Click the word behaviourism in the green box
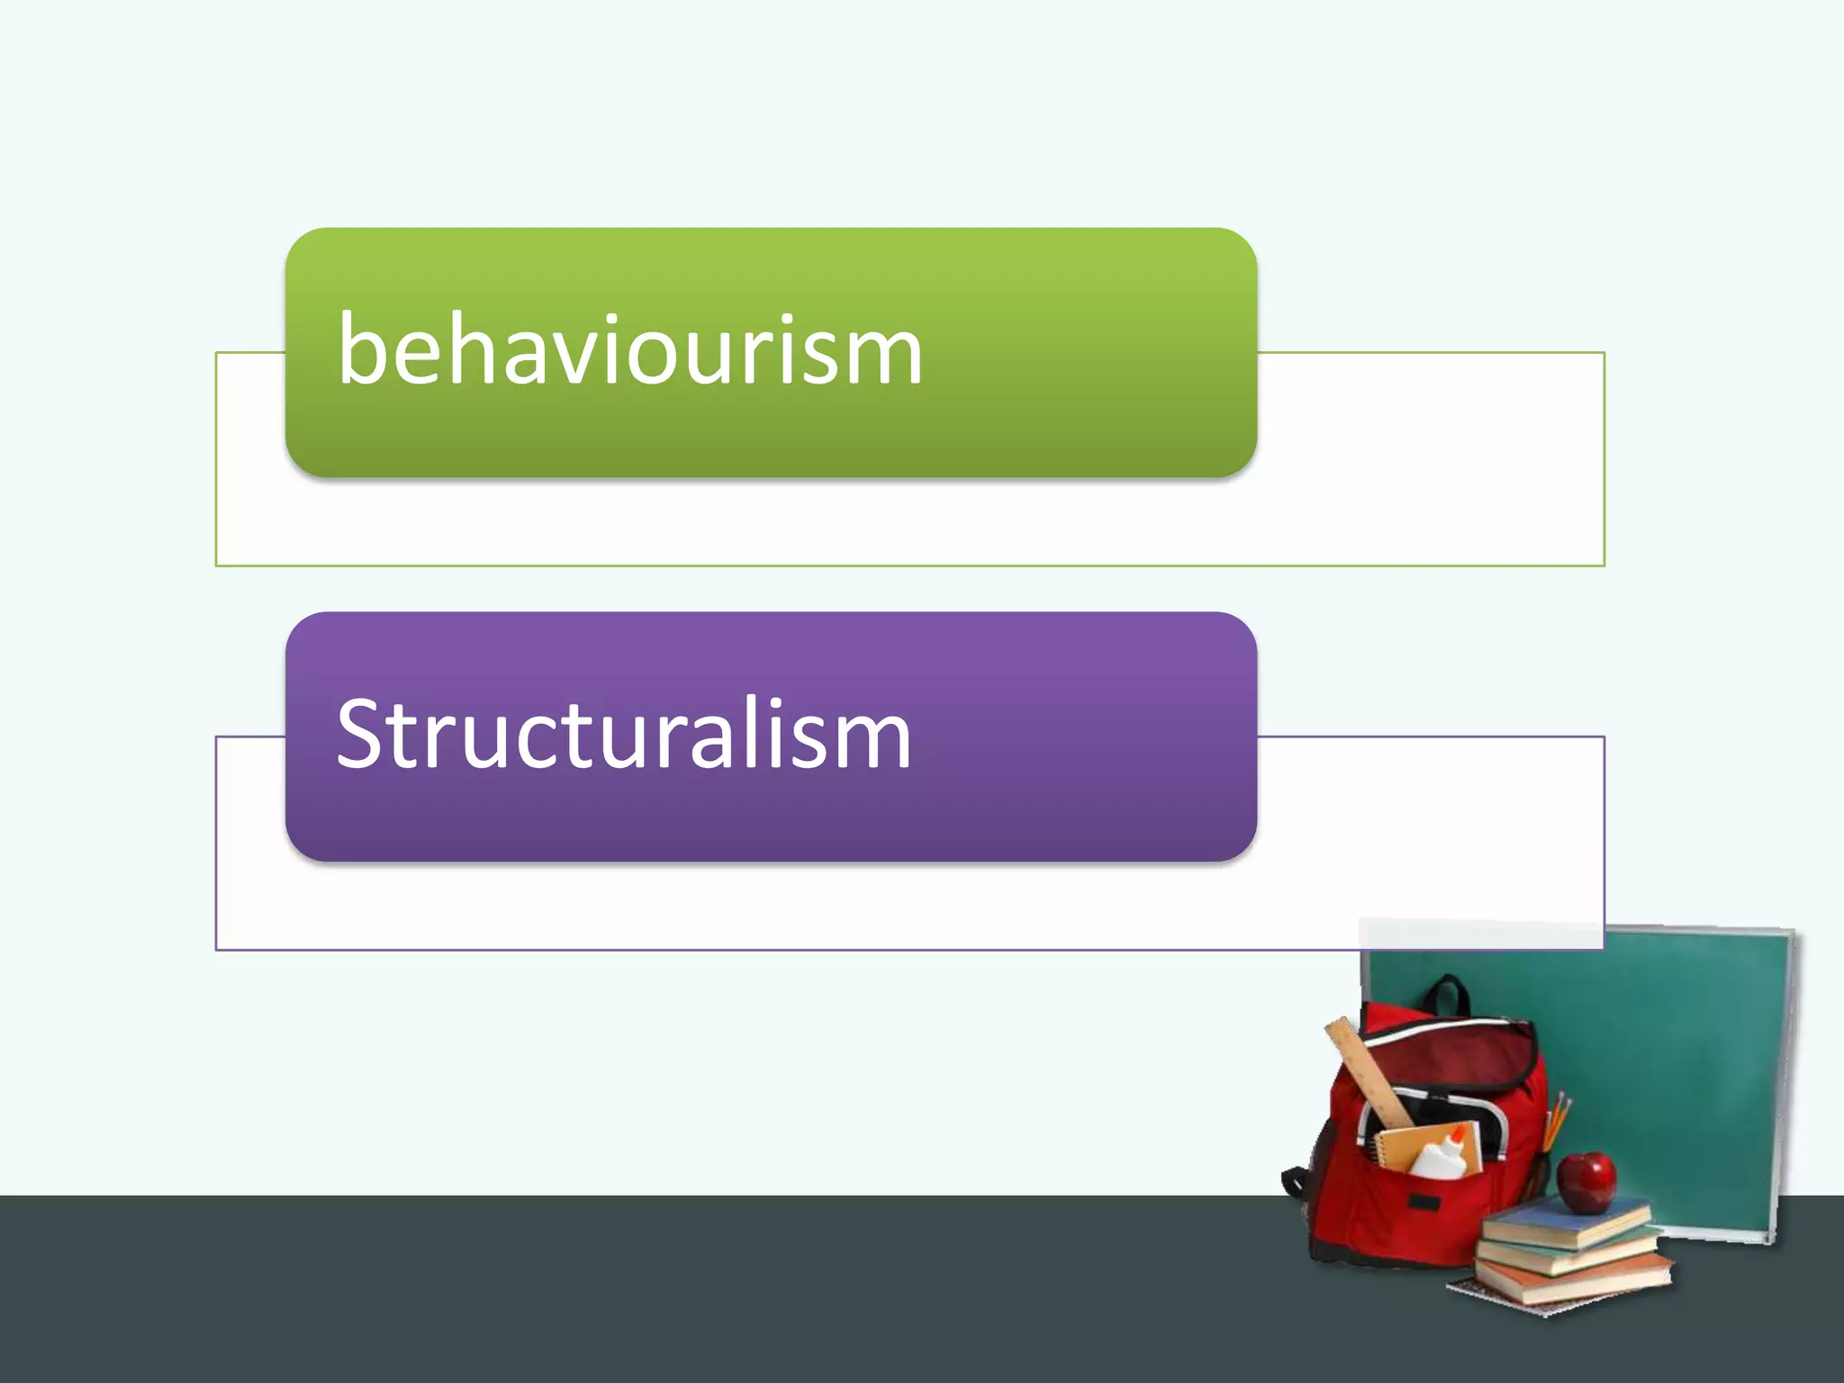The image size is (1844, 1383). pos(630,351)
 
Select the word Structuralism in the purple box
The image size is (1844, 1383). pos(624,735)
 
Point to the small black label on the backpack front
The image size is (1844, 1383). pos(1423,1202)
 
